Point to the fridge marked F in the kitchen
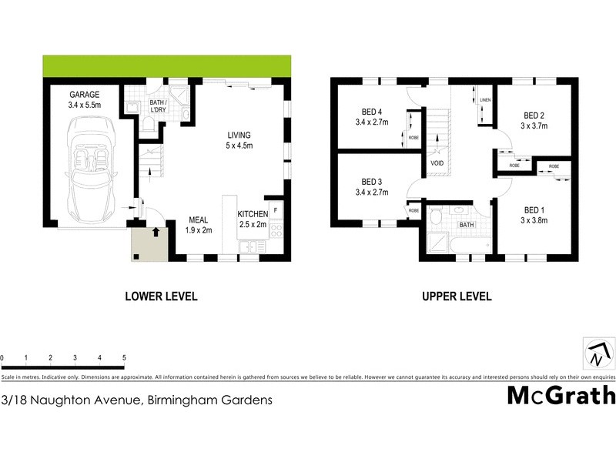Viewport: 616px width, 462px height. pyautogui.click(x=276, y=209)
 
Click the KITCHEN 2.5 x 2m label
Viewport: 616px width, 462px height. pyautogui.click(x=253, y=219)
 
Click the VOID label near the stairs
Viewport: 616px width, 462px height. pyautogui.click(x=437, y=163)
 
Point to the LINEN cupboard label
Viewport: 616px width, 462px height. pyautogui.click(x=485, y=101)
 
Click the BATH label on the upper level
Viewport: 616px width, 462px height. pyautogui.click(x=467, y=225)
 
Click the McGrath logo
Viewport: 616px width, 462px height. pyautogui.click(x=561, y=395)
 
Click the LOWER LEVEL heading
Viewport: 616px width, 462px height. pyautogui.click(x=162, y=296)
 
